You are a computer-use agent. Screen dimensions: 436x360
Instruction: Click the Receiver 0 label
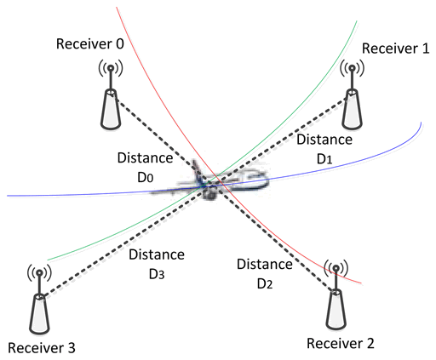coord(90,44)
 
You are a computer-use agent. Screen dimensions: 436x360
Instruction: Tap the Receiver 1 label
coord(395,49)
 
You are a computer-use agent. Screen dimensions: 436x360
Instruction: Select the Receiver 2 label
coord(341,344)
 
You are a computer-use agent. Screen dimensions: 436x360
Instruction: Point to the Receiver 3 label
coord(42,348)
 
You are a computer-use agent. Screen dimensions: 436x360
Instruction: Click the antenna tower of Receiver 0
coord(111,95)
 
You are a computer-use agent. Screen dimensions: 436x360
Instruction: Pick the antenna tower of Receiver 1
coord(352,95)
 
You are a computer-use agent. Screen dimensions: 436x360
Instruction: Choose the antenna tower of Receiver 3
coord(39,300)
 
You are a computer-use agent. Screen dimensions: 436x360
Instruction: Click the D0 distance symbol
coord(146,178)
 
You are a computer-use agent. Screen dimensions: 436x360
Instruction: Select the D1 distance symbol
coord(324,159)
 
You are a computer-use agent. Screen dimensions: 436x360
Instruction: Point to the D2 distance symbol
coord(265,284)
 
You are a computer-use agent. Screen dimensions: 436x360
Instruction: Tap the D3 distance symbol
coord(157,274)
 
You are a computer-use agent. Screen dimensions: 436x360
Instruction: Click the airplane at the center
coord(210,181)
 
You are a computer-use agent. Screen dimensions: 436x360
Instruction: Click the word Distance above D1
coord(324,140)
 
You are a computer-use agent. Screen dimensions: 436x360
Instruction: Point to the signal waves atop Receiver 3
coord(39,272)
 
